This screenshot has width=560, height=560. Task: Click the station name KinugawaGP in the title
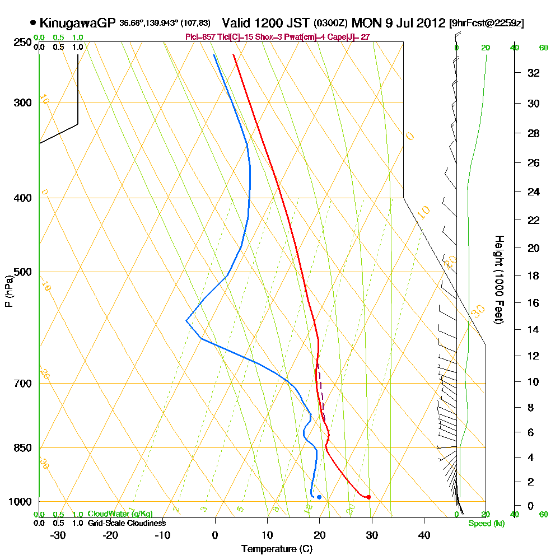pos(77,23)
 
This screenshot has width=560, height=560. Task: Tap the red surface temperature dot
pos(368,497)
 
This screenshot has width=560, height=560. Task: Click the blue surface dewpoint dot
pos(319,497)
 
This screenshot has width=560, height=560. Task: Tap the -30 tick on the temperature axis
pos(58,535)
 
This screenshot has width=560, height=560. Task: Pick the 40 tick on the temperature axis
pos(424,535)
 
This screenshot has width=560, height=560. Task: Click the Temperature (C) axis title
pos(277,549)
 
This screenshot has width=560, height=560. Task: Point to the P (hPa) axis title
pos(8,291)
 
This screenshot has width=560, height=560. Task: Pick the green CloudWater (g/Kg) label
pos(119,514)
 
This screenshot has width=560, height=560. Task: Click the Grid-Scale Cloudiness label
pos(126,523)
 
